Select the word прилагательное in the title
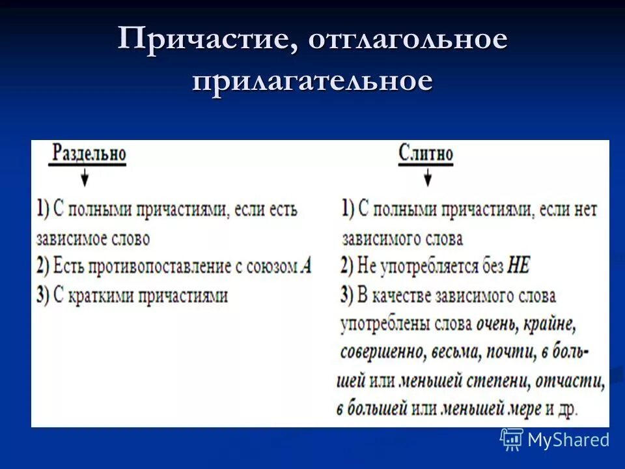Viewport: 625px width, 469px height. coord(312,82)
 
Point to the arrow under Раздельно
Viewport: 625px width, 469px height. coord(85,177)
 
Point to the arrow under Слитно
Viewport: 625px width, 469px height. coord(427,177)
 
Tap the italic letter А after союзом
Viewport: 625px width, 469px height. coord(307,267)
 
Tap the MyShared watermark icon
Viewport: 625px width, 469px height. coord(512,440)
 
